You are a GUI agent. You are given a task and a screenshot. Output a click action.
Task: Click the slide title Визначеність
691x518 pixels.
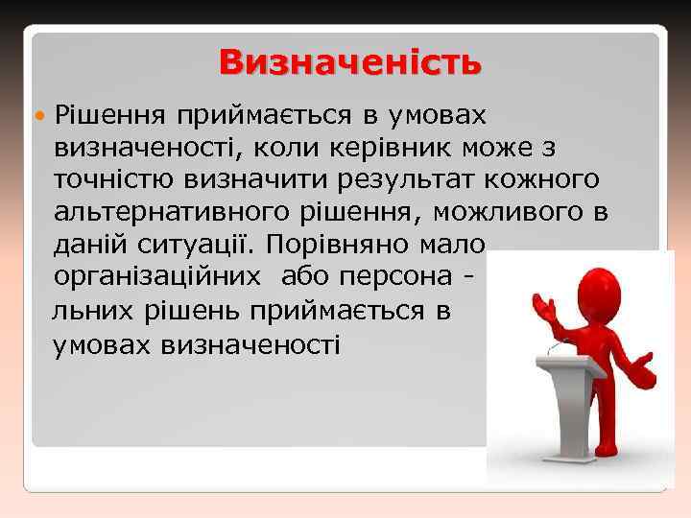click(x=349, y=62)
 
